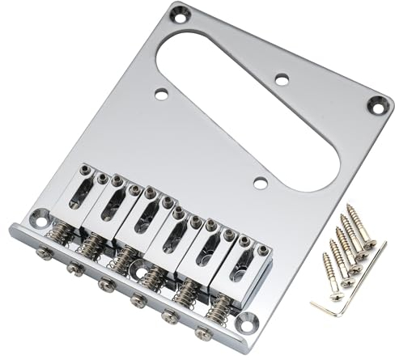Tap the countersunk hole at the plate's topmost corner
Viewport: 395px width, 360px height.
(180, 13)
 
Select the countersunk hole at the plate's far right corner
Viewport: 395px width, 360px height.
(376, 103)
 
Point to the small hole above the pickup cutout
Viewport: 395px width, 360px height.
(281, 79)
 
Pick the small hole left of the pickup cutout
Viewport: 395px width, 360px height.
(161, 95)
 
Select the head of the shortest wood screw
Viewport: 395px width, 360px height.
(325, 258)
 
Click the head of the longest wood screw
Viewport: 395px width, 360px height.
(350, 209)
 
